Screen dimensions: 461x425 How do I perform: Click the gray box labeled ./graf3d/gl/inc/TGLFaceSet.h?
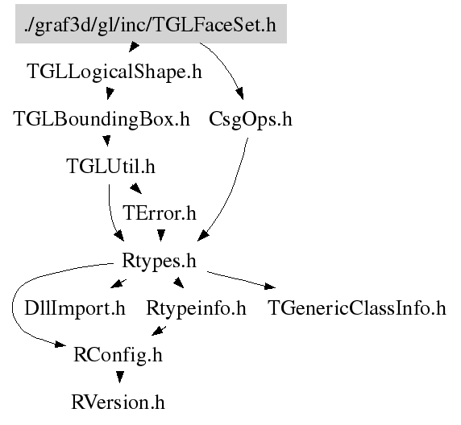(151, 24)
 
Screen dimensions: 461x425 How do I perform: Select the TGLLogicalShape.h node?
(114, 72)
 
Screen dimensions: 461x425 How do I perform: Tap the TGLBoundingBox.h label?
(102, 119)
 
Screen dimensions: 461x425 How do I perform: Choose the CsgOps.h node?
(251, 119)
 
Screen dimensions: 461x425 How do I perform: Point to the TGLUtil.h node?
(110, 167)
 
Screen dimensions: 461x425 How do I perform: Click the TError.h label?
(160, 213)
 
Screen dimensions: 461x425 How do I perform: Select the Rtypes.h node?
(159, 261)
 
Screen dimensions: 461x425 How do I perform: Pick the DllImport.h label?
(75, 308)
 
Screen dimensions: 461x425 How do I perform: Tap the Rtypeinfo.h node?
(196, 308)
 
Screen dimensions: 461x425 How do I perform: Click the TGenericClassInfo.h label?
(357, 308)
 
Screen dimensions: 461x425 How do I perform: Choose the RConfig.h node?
(118, 355)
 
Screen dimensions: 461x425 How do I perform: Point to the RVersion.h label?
(118, 402)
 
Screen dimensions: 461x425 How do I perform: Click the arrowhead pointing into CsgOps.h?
(239, 93)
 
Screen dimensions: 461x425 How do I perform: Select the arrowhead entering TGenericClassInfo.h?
(270, 286)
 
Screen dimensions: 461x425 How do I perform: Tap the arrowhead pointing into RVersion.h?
(119, 378)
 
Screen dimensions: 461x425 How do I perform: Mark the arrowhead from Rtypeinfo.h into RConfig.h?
(158, 331)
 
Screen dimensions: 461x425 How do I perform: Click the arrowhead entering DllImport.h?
(116, 283)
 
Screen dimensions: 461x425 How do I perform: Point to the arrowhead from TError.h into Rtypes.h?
(161, 235)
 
